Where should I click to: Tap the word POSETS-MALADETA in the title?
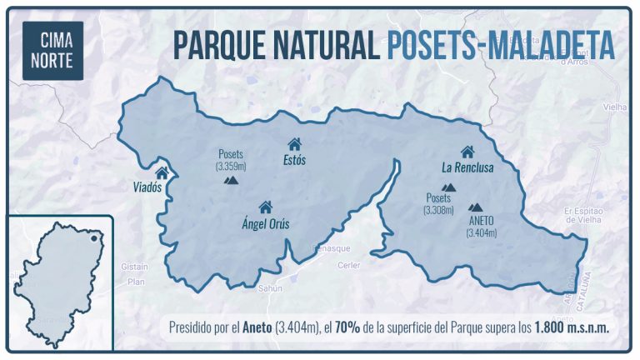click(x=501, y=44)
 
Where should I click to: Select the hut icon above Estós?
click(x=294, y=144)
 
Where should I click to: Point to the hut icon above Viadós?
click(x=162, y=172)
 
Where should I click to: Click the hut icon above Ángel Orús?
click(x=266, y=207)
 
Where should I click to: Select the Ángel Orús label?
click(x=265, y=222)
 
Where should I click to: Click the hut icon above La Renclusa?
click(x=467, y=152)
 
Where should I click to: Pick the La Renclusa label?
click(x=467, y=167)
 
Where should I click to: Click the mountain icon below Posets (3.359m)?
click(x=232, y=179)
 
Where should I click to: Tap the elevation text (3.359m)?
click(x=231, y=166)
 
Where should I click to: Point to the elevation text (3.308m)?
click(x=438, y=210)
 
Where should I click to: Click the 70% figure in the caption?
click(x=347, y=327)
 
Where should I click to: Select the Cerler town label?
click(x=347, y=265)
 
